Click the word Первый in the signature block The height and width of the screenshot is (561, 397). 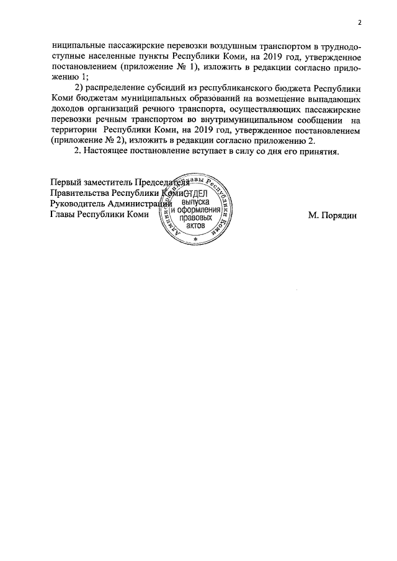(x=66, y=182)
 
